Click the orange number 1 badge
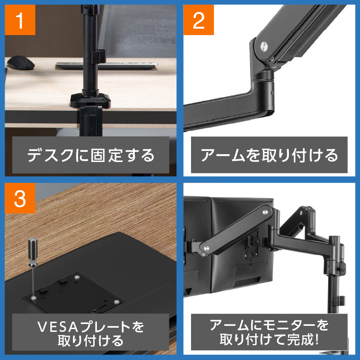[20, 20]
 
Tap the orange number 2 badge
[198, 20]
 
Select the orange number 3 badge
[20, 198]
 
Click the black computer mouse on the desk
[21, 62]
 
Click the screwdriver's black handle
[33, 252]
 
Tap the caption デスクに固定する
[90, 155]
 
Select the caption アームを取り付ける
[269, 155]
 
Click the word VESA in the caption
[58, 327]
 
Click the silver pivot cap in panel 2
[264, 46]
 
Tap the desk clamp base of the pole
[90, 100]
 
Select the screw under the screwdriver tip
[34, 298]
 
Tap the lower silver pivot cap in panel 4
[206, 248]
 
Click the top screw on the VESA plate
[77, 277]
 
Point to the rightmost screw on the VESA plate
[116, 301]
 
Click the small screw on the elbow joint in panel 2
[272, 92]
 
